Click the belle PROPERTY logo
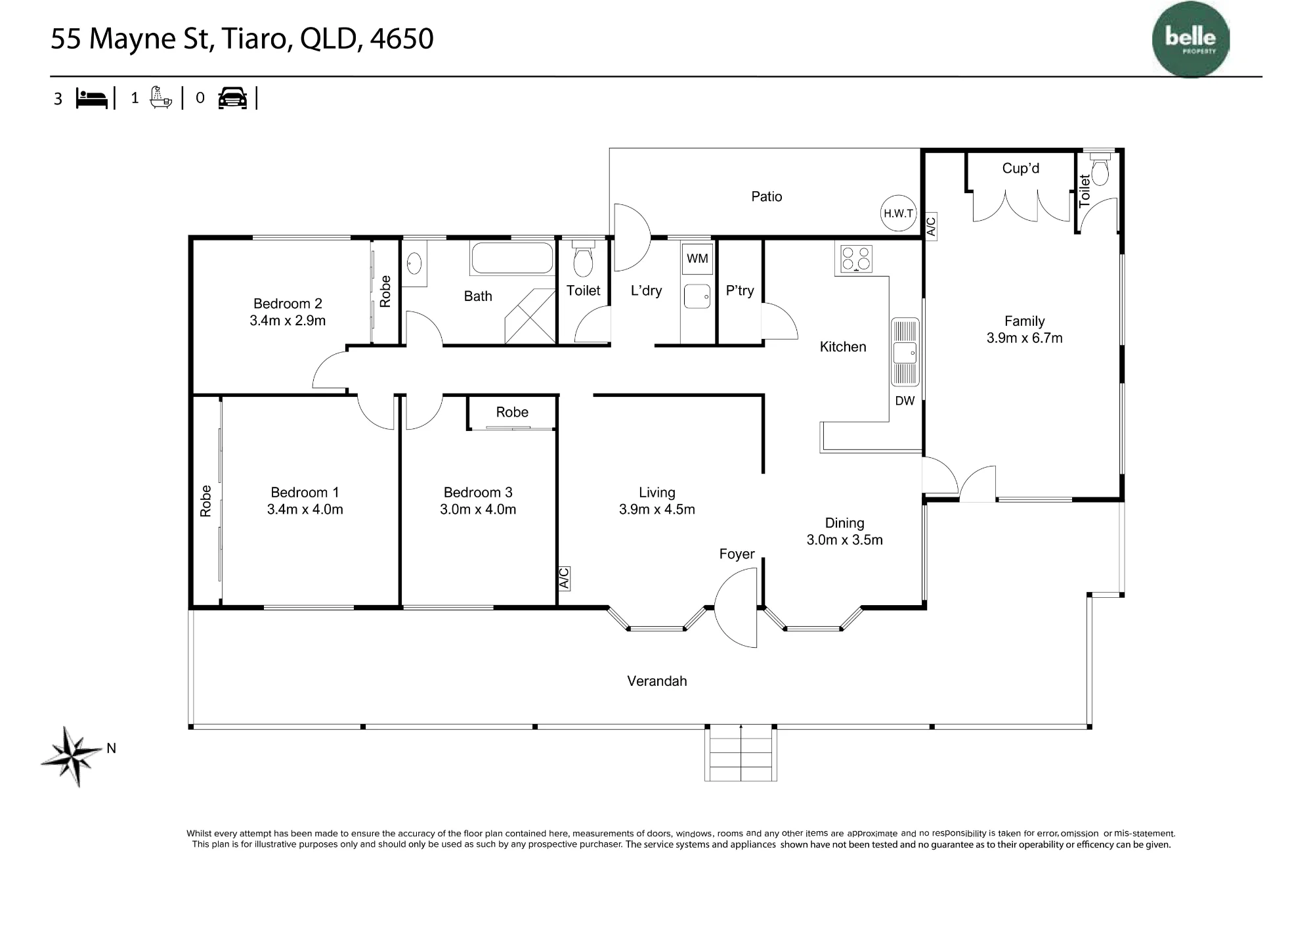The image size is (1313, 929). pyautogui.click(x=1191, y=40)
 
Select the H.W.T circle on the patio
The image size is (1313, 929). pyautogui.click(x=898, y=213)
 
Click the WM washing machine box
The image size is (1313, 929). pyautogui.click(x=697, y=258)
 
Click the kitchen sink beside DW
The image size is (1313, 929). pyautogui.click(x=905, y=352)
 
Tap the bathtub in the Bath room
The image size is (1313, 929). pyautogui.click(x=511, y=259)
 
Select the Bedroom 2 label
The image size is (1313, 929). pyautogui.click(x=288, y=304)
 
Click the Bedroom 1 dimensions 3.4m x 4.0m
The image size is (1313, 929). pyautogui.click(x=305, y=509)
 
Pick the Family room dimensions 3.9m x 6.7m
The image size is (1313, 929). pyautogui.click(x=1025, y=338)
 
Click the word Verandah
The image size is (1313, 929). pyautogui.click(x=657, y=681)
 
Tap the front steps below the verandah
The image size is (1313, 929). pyautogui.click(x=741, y=754)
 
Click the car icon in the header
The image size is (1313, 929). pyautogui.click(x=232, y=98)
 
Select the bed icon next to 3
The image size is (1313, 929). pyautogui.click(x=92, y=99)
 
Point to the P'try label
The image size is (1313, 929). pyautogui.click(x=740, y=290)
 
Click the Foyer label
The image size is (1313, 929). pyautogui.click(x=737, y=554)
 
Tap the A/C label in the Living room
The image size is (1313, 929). pyautogui.click(x=564, y=578)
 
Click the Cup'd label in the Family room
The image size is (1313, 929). pyautogui.click(x=1021, y=168)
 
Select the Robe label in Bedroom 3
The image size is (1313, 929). pyautogui.click(x=512, y=412)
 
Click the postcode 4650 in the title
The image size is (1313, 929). pyautogui.click(x=402, y=39)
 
